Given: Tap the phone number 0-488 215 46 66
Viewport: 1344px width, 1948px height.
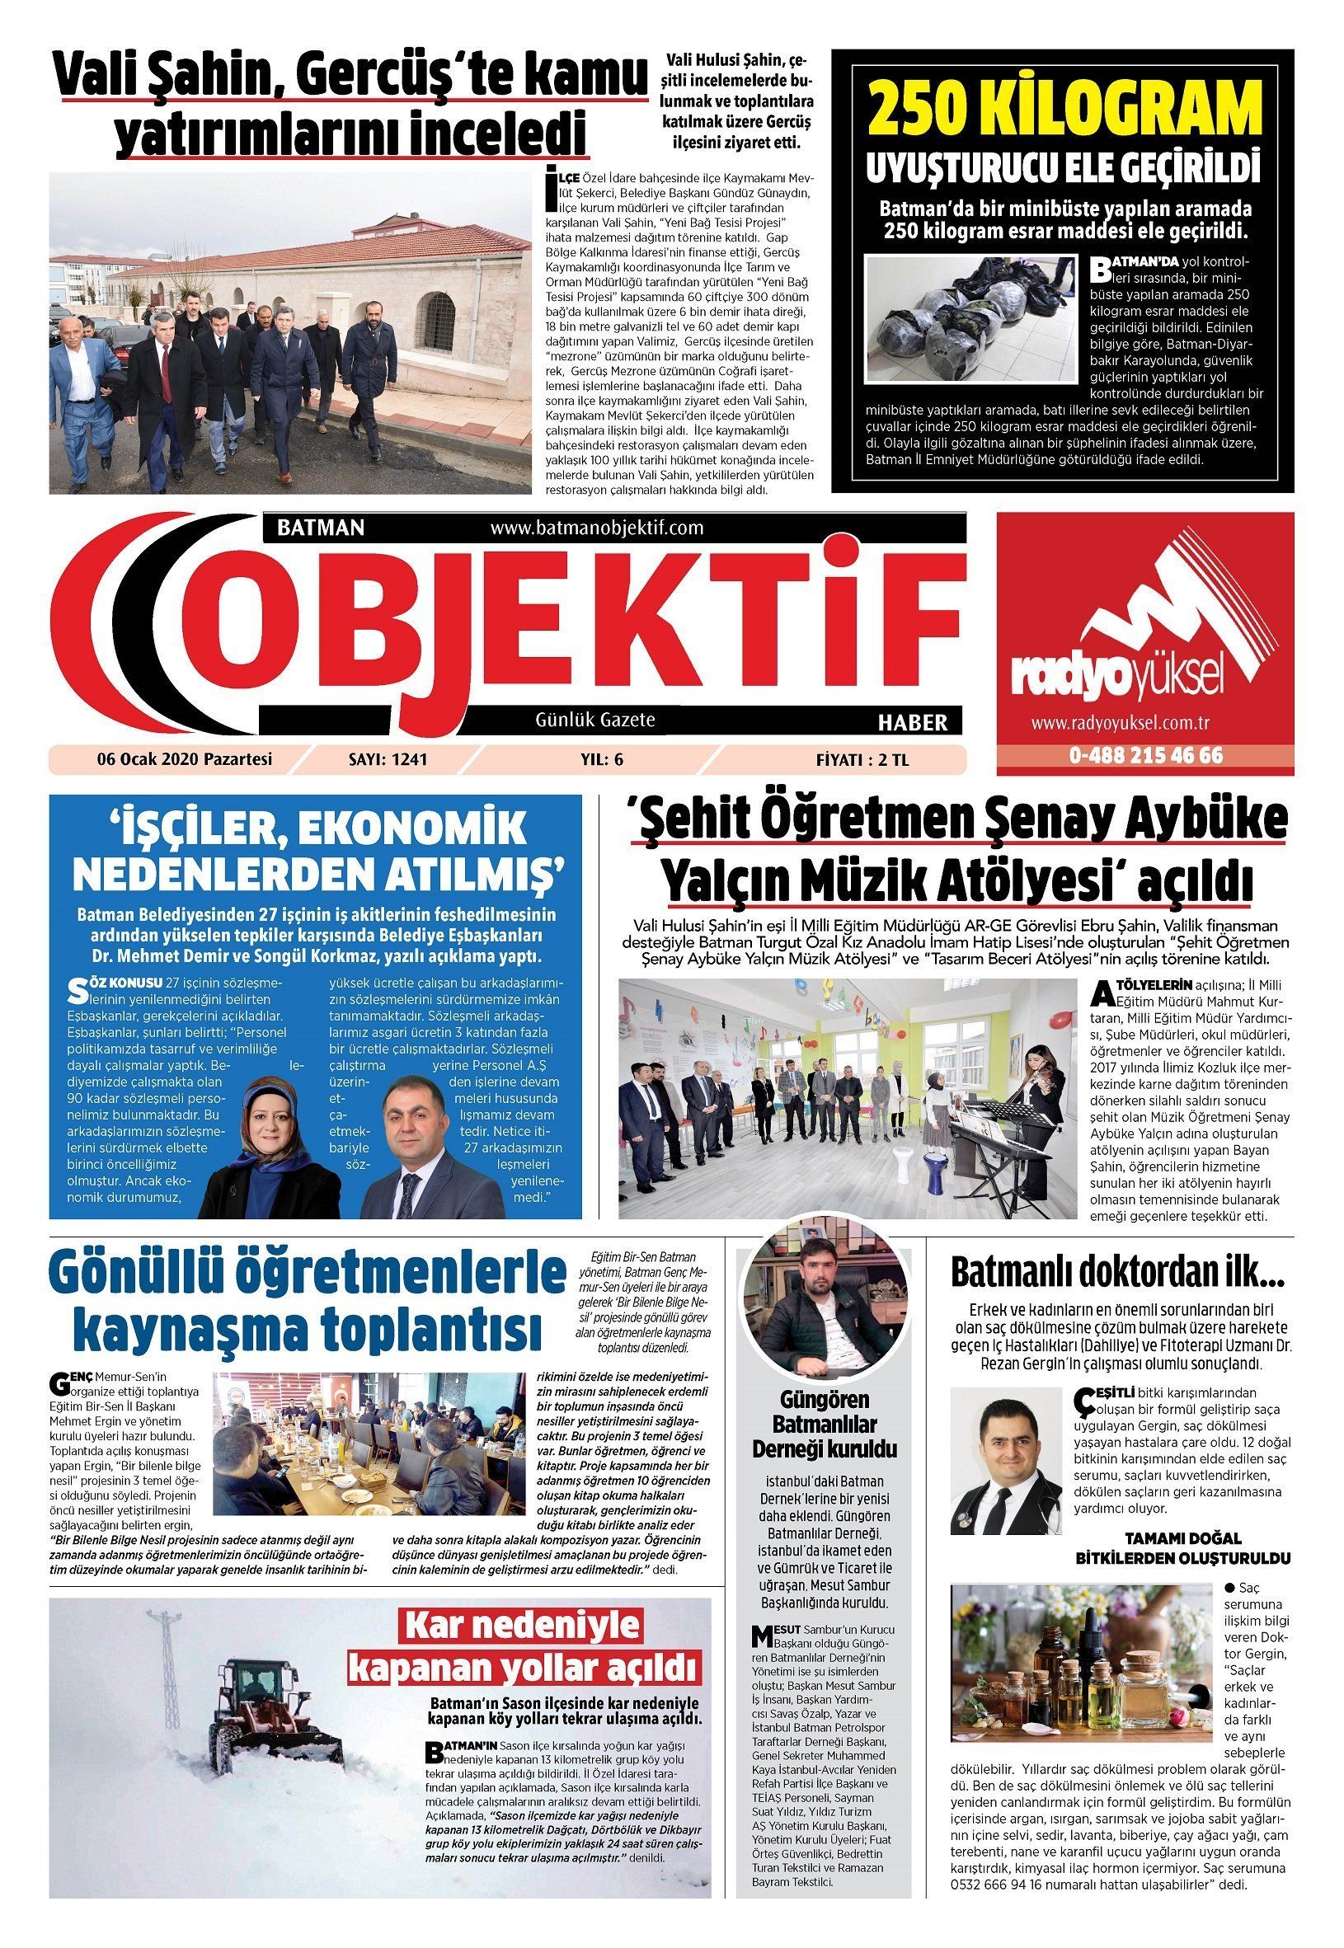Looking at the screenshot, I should tap(1145, 755).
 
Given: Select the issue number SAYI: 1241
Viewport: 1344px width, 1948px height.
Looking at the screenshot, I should tap(388, 759).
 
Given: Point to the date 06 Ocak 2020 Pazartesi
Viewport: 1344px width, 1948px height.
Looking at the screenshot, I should tap(185, 759).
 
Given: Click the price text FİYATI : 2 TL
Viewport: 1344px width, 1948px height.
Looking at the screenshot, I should tap(862, 759).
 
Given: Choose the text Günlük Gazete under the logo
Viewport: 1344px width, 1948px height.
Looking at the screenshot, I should tap(595, 720).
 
